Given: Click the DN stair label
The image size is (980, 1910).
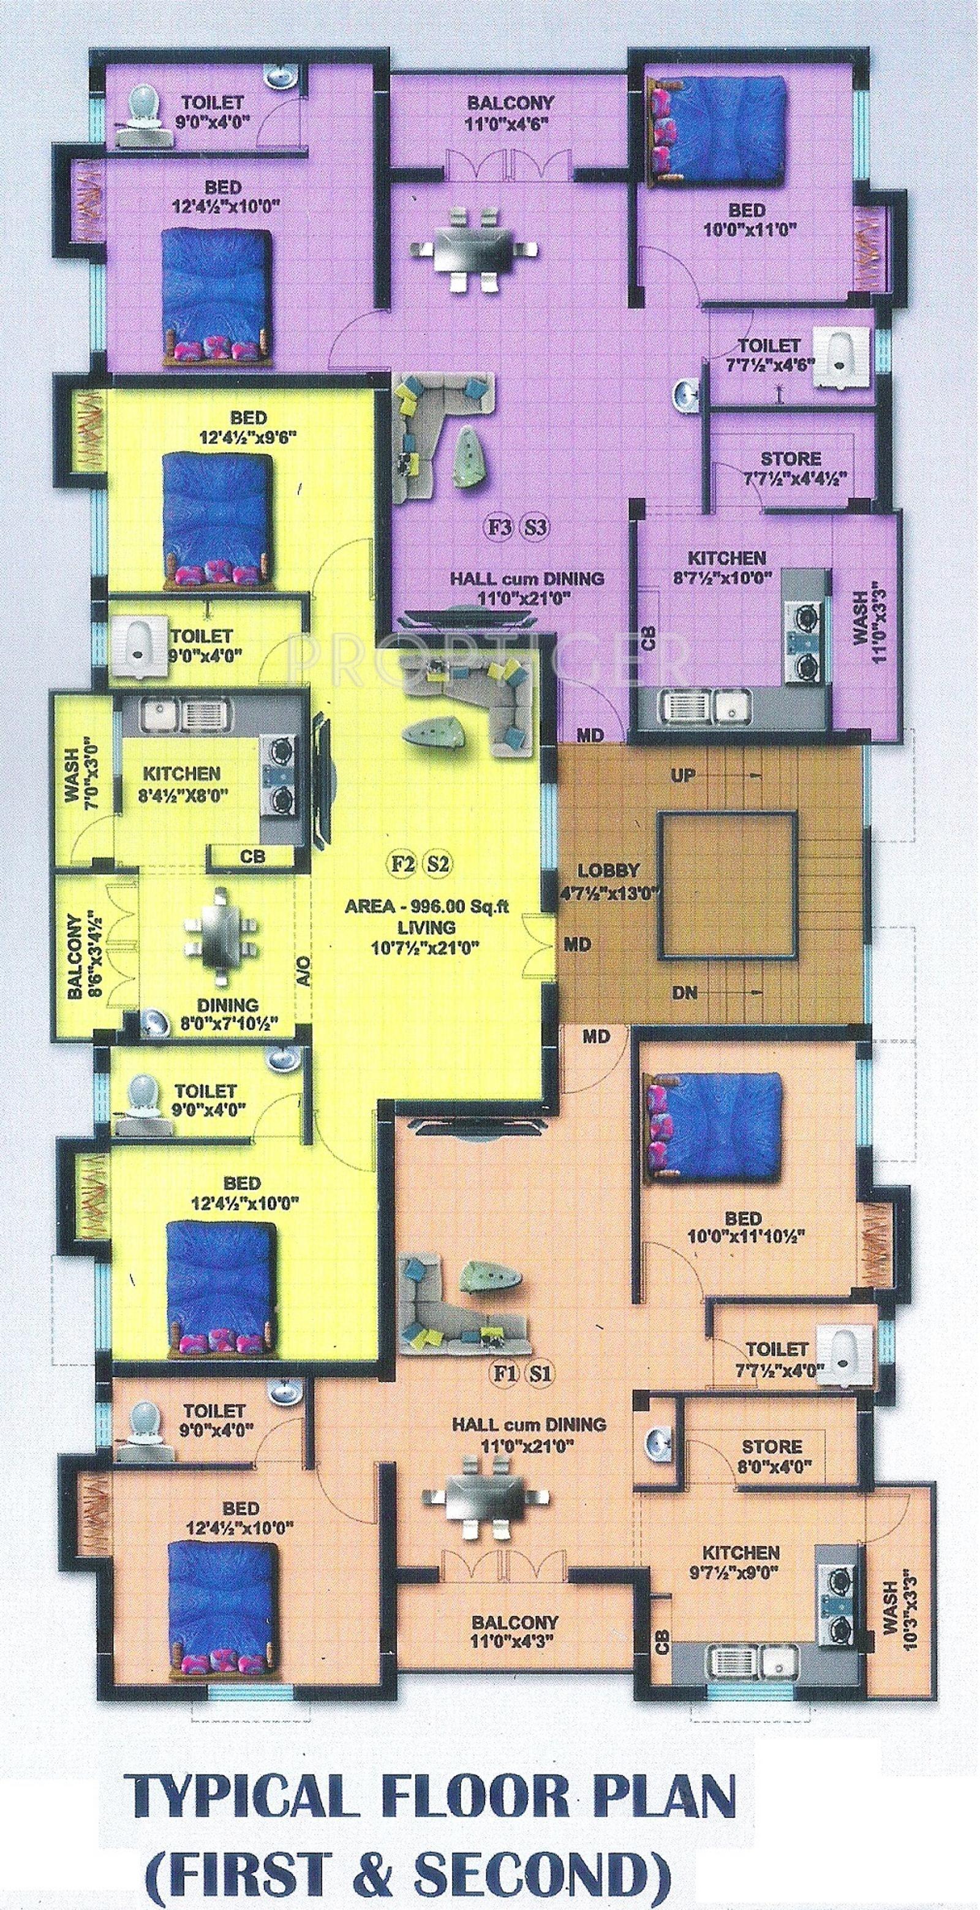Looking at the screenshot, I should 685,992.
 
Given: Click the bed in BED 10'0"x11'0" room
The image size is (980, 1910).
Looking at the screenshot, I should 715,131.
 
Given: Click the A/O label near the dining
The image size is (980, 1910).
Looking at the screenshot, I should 304,970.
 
